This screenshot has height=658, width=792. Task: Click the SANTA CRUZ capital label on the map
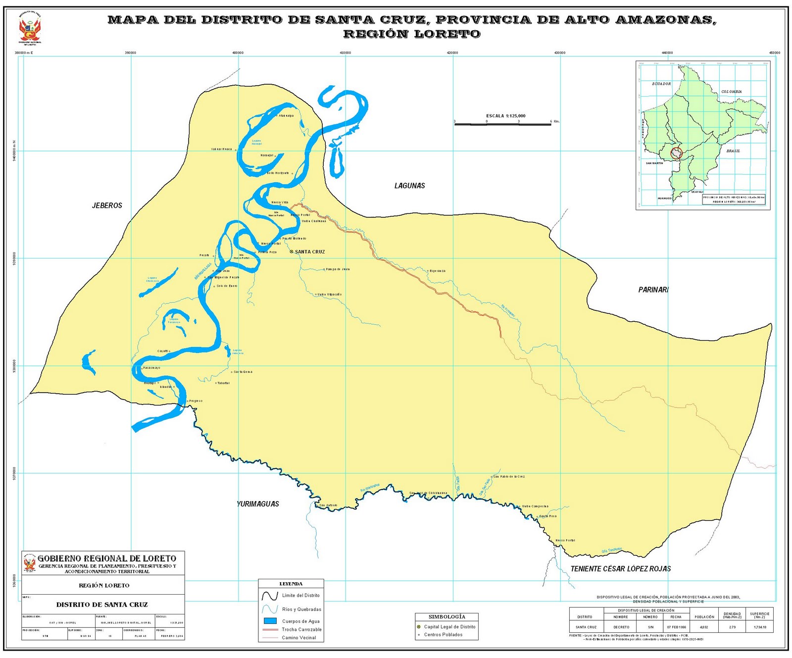309,252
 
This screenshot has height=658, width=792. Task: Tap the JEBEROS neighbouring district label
107,205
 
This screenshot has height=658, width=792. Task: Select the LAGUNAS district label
409,186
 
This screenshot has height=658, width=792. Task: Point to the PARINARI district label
653,290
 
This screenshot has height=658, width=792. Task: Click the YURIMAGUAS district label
258,504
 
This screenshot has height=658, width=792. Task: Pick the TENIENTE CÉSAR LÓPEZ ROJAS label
621,569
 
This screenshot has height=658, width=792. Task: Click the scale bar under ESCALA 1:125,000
502,124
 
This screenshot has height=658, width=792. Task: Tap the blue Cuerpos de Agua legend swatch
270,621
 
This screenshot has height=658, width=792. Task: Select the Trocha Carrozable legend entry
301,630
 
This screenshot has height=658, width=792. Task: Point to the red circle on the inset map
676,153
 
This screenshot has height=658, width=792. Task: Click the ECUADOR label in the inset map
661,84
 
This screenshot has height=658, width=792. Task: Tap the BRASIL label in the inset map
733,151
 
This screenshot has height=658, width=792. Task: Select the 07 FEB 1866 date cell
676,627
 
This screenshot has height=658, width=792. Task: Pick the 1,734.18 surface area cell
759,627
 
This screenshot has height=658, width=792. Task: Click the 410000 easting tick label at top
345,52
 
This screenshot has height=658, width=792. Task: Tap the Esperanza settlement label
438,271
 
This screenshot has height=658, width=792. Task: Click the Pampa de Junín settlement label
338,269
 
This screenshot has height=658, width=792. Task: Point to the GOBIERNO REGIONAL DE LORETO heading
107,558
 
